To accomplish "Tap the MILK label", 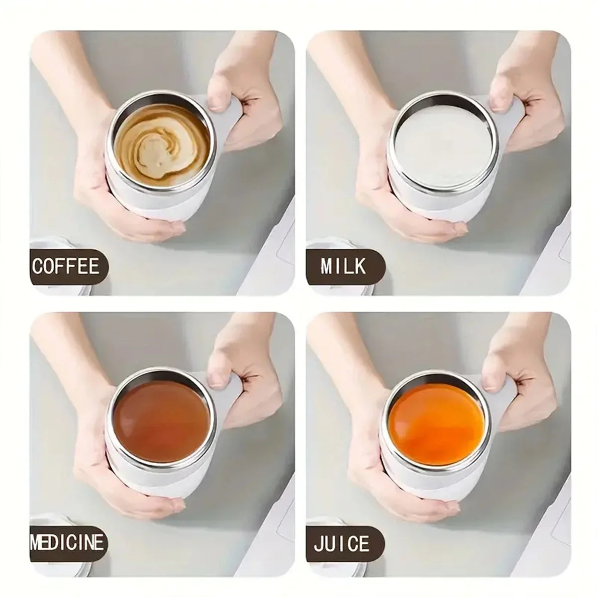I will coord(343,267).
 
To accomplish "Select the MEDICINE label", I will coord(68,542).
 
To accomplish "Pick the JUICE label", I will coord(342,543).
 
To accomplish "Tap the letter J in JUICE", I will coord(318,543).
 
